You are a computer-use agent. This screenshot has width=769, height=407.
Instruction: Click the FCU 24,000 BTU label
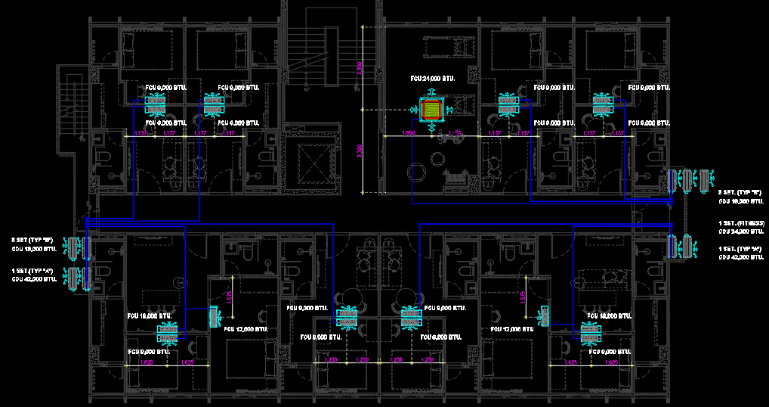pyautogui.click(x=431, y=78)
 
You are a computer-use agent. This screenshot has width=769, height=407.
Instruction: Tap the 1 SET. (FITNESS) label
pyautogui.click(x=740, y=223)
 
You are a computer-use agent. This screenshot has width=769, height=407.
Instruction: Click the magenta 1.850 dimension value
pyautogui.click(x=409, y=133)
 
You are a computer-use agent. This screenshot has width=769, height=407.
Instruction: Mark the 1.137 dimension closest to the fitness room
pyautogui.click(x=495, y=133)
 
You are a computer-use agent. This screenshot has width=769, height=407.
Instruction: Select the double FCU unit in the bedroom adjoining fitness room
pyautogui.click(x=508, y=104)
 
